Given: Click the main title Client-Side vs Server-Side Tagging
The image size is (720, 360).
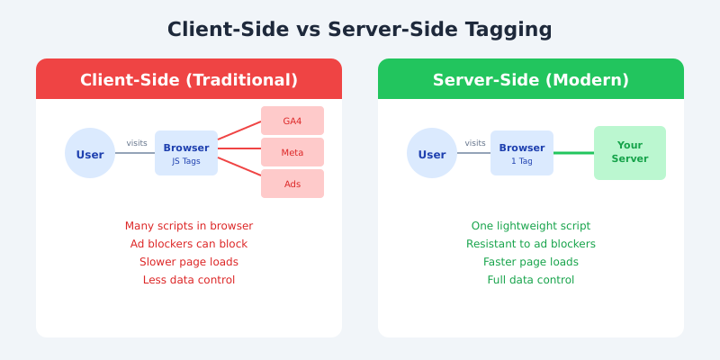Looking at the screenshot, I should pyautogui.click(x=360, y=30).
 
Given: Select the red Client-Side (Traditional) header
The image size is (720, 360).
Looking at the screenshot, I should pyautogui.click(x=189, y=79).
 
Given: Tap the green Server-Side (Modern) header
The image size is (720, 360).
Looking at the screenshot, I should pyautogui.click(x=531, y=79).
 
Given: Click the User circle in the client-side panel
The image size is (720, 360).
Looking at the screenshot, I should pyautogui.click(x=90, y=154).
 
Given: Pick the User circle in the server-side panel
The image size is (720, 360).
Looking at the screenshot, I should pyautogui.click(x=432, y=154).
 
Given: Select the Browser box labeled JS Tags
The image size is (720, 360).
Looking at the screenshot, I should pyautogui.click(x=186, y=153).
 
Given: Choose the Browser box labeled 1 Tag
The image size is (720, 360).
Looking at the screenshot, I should pyautogui.click(x=522, y=153).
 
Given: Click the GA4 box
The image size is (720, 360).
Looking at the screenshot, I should pyautogui.click(x=292, y=121).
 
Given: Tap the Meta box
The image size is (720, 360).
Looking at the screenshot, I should pyautogui.click(x=292, y=152).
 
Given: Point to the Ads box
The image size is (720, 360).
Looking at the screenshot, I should pyautogui.click(x=292, y=184).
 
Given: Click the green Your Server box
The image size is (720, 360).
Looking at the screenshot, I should pyautogui.click(x=630, y=153).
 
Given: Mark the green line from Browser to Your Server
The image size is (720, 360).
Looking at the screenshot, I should pyautogui.click(x=573, y=153).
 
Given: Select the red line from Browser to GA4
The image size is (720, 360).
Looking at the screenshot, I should pyautogui.click(x=239, y=131).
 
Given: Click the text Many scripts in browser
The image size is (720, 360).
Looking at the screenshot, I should pyautogui.click(x=189, y=226).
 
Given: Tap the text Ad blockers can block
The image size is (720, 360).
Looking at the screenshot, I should pyautogui.click(x=189, y=244).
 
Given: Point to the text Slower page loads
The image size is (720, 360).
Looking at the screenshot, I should pyautogui.click(x=189, y=262).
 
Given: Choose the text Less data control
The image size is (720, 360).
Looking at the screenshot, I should pyautogui.click(x=189, y=280).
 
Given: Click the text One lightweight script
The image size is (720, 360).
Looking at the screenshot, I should pyautogui.click(x=531, y=226).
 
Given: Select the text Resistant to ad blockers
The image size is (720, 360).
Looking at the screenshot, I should pyautogui.click(x=531, y=244).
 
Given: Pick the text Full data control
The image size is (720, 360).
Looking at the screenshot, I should pyautogui.click(x=531, y=280).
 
